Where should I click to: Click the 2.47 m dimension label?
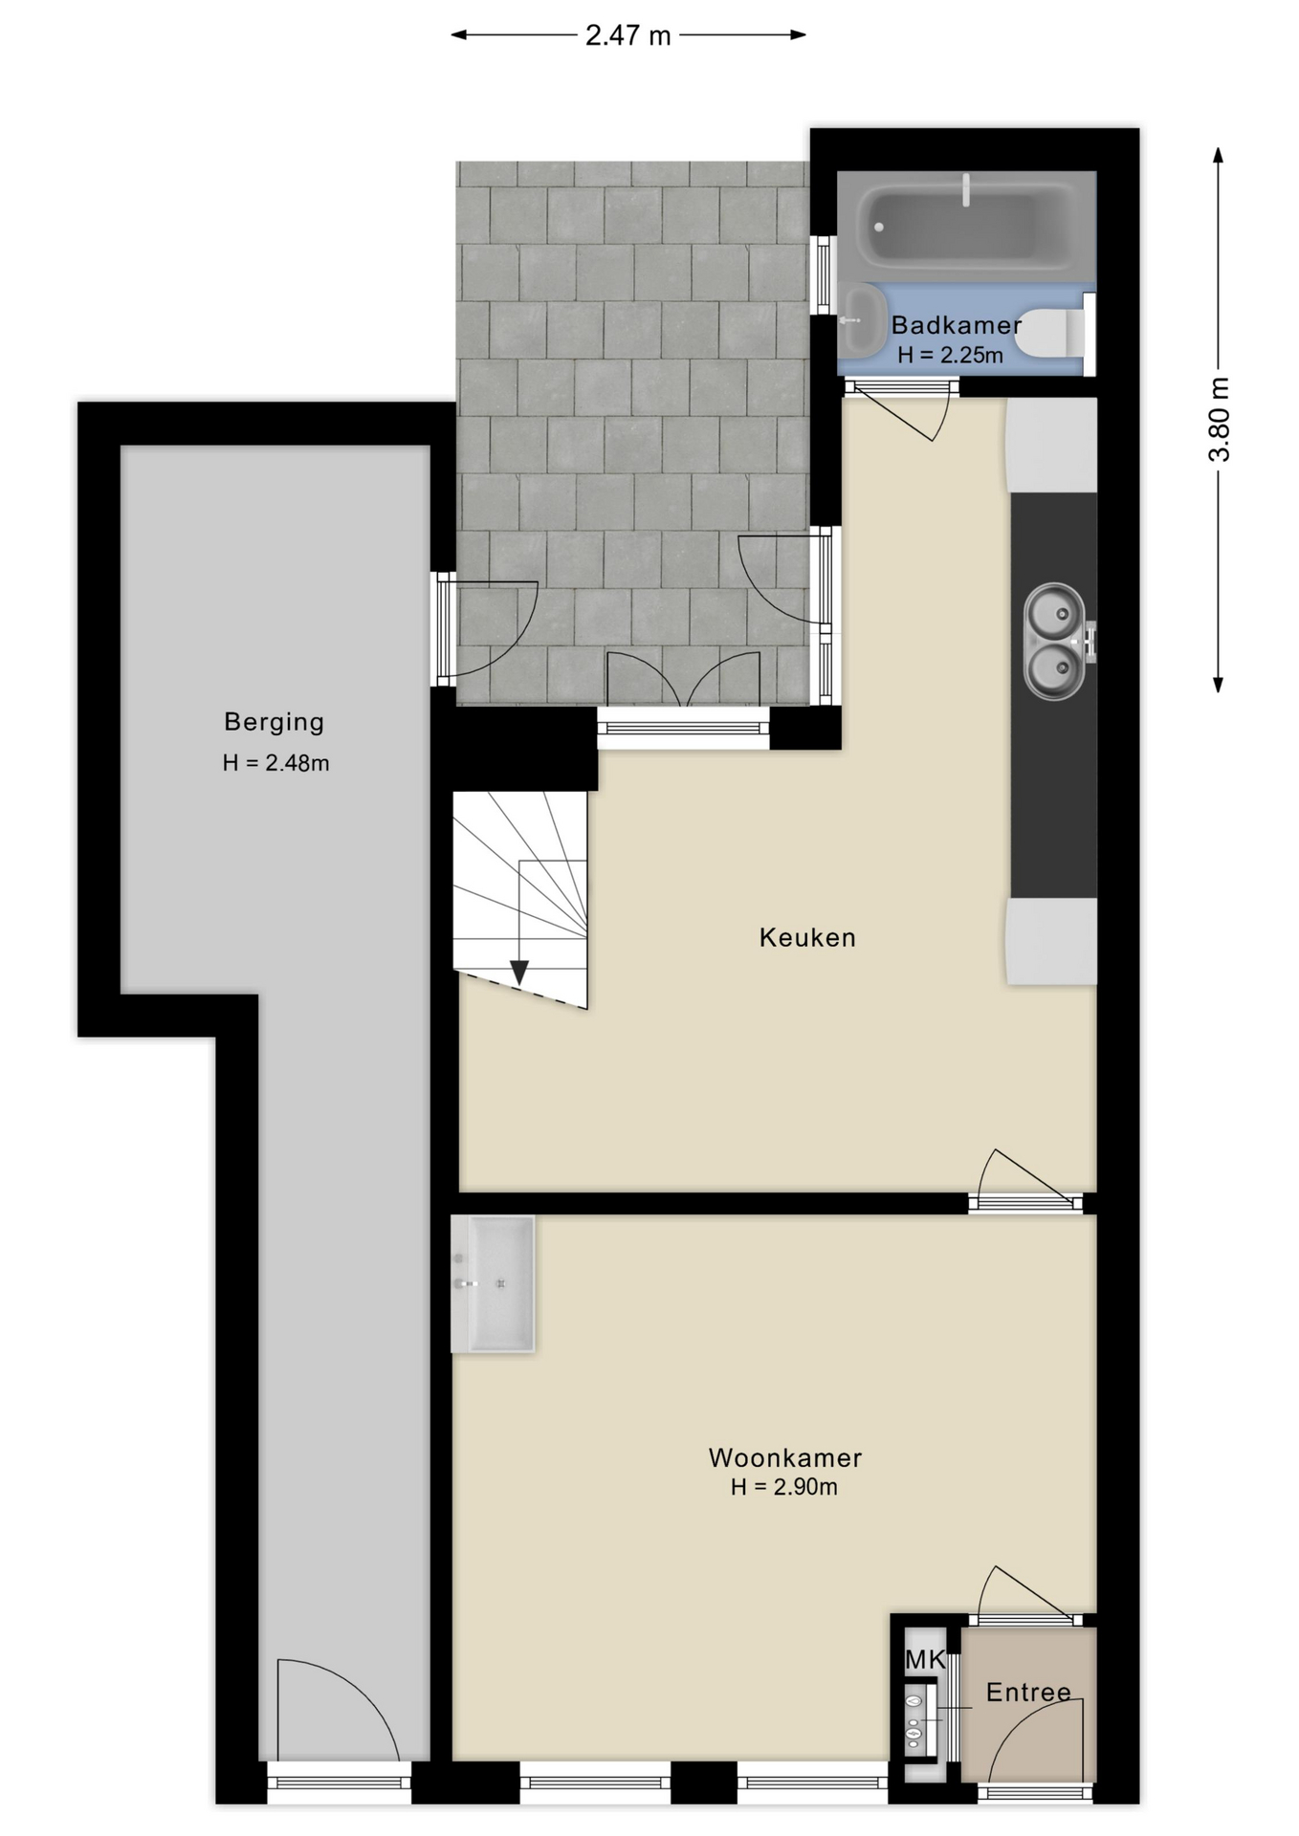(627, 36)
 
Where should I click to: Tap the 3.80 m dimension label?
(1220, 419)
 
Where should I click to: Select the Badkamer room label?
(956, 325)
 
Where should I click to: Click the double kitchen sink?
(1056, 641)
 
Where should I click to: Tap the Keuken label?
(807, 937)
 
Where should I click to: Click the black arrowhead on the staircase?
(519, 973)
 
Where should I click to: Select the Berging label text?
(275, 722)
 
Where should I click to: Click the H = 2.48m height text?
(276, 763)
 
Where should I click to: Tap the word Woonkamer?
(784, 1458)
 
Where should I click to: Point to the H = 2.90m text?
(783, 1487)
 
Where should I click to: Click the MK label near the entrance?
(925, 1659)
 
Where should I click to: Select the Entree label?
(1028, 1693)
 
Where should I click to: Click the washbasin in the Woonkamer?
(494, 1283)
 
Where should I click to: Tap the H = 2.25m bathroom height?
(950, 356)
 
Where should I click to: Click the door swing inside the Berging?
(335, 1712)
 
